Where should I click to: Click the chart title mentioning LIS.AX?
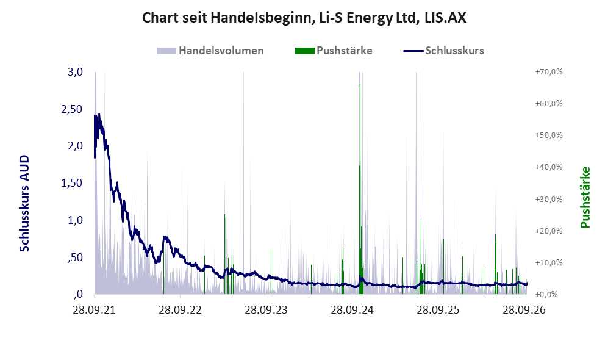click(304, 18)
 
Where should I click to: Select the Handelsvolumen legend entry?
click(210, 51)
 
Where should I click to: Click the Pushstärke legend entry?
click(334, 51)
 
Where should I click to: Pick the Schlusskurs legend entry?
click(443, 51)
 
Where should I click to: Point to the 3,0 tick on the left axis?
click(75, 72)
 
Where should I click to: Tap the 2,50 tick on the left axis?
click(72, 109)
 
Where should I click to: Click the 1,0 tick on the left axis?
click(75, 220)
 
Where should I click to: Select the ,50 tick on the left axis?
click(75, 257)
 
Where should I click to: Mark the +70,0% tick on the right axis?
click(549, 72)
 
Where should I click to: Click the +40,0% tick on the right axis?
click(549, 167)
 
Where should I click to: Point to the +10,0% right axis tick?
click(549, 262)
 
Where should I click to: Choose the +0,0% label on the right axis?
click(547, 295)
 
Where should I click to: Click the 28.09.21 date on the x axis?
click(95, 311)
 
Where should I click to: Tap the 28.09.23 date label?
click(266, 311)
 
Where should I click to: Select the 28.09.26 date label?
click(524, 311)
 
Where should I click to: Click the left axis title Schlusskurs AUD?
click(24, 203)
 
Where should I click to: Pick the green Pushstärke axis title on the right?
click(585, 198)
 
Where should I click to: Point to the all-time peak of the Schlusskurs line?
click(99, 113)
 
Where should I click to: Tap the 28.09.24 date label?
click(352, 311)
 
